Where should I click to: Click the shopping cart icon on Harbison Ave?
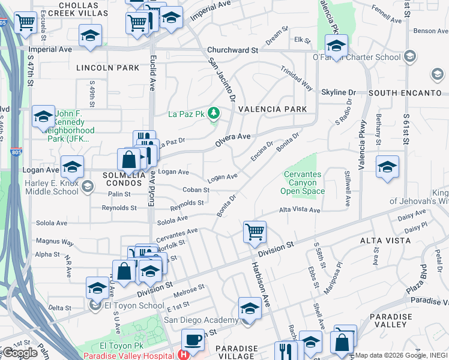pyautogui.click(x=255, y=232)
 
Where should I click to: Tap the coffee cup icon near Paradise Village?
pyautogui.click(x=192, y=339)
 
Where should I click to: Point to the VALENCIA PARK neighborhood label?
pyautogui.click(x=272, y=109)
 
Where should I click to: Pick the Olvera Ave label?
pyautogui.click(x=233, y=140)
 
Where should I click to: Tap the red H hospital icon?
pyautogui.click(x=183, y=355)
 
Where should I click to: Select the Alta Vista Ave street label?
pyautogui.click(x=300, y=211)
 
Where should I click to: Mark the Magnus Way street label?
pyautogui.click(x=55, y=242)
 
